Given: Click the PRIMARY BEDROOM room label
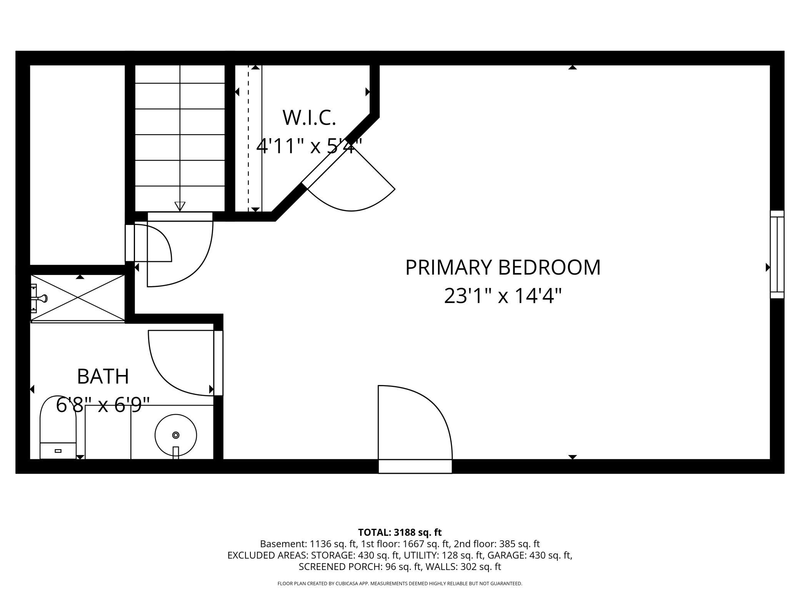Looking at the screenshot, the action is click(x=503, y=268).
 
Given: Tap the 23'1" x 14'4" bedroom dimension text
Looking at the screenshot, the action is click(x=503, y=296).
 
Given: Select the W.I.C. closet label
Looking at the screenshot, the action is click(x=309, y=118).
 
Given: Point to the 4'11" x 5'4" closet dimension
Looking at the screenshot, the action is click(x=309, y=146).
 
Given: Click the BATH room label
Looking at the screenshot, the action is click(x=103, y=377).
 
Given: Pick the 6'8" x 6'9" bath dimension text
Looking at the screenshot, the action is click(x=103, y=405).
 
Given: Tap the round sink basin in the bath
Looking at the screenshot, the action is click(x=176, y=435).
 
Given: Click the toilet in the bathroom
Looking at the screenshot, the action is click(x=58, y=427).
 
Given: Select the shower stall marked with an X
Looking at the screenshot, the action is click(x=78, y=298).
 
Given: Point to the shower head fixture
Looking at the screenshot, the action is click(x=40, y=298).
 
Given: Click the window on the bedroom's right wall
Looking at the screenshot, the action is click(x=777, y=254).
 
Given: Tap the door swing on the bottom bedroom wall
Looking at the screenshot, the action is click(x=415, y=423).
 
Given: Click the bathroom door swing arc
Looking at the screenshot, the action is click(x=181, y=363).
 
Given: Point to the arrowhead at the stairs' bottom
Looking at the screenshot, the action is click(x=180, y=206).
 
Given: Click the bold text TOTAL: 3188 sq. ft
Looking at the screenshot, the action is click(x=400, y=532).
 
